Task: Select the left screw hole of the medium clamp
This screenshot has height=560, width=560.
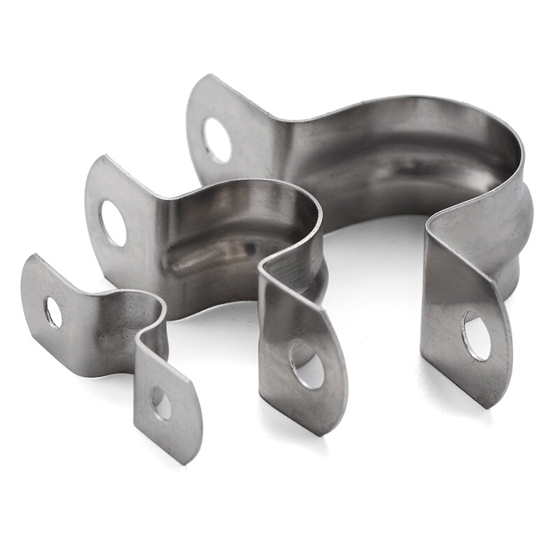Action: point(113,223)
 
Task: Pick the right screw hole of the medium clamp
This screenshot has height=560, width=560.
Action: point(307,364)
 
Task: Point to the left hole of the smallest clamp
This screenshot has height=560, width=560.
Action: point(53,312)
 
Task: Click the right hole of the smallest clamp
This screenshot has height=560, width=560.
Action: point(162,403)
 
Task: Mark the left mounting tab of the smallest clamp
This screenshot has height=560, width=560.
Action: point(59,301)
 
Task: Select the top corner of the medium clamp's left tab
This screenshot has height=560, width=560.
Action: point(104,157)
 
